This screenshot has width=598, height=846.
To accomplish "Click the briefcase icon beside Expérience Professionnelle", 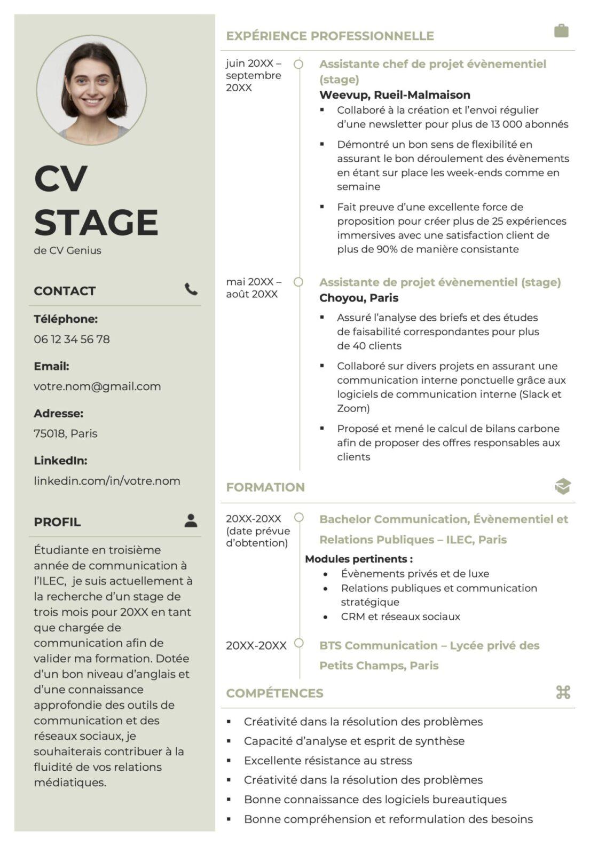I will (x=561, y=31).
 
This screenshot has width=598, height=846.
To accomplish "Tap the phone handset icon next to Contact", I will (x=191, y=289).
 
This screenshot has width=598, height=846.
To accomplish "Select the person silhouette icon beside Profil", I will (x=191, y=520).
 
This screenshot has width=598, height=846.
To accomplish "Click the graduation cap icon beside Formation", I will (x=563, y=486).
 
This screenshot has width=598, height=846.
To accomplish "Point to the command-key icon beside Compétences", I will (x=563, y=692).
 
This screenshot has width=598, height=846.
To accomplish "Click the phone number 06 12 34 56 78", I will (x=72, y=339).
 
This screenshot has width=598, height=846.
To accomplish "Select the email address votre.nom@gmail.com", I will (x=97, y=386).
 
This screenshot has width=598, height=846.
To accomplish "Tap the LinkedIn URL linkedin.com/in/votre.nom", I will (x=107, y=480).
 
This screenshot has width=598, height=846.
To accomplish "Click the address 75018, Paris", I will (x=65, y=433).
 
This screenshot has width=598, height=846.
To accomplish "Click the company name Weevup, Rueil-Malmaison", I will (x=395, y=95).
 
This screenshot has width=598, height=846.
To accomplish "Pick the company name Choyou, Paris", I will (x=359, y=298).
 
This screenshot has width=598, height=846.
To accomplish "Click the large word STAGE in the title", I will (x=96, y=222).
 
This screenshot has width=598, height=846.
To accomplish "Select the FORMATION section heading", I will (x=265, y=487).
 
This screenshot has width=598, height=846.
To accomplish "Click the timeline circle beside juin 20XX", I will (x=299, y=64).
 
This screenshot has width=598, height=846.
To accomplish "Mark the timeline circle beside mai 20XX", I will (x=299, y=282).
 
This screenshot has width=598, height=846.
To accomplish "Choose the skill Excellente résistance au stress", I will (x=328, y=760).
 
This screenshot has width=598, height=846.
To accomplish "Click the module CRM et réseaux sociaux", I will (x=400, y=616).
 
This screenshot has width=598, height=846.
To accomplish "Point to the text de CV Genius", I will (x=67, y=250).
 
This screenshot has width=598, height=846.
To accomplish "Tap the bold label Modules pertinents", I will (x=358, y=559).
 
